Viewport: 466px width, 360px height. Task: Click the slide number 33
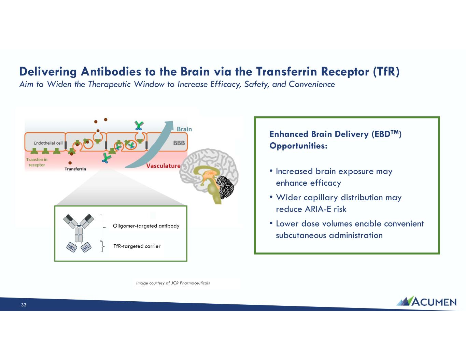[x=24, y=305]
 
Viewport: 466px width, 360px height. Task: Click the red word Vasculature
[x=163, y=165]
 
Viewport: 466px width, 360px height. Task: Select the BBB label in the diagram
[x=179, y=143]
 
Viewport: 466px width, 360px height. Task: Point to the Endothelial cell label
[x=48, y=143]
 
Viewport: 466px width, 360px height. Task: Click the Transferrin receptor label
[x=37, y=162]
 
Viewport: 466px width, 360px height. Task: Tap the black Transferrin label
[x=75, y=169]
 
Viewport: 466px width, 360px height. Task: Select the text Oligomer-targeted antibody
[x=146, y=226]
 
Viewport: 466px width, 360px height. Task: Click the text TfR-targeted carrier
[x=137, y=246]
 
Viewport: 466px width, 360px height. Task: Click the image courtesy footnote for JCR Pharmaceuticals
[x=173, y=283]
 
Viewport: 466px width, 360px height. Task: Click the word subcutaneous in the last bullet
[x=301, y=235]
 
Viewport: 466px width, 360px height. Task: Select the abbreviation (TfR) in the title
[x=386, y=71]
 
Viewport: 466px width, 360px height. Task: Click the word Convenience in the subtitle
[x=312, y=84]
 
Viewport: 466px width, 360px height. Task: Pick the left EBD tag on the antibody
[x=72, y=247]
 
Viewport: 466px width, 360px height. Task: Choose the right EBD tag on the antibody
[x=86, y=247]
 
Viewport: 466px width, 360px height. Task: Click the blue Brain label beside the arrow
[x=184, y=129]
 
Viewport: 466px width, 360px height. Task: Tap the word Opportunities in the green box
[x=298, y=146]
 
